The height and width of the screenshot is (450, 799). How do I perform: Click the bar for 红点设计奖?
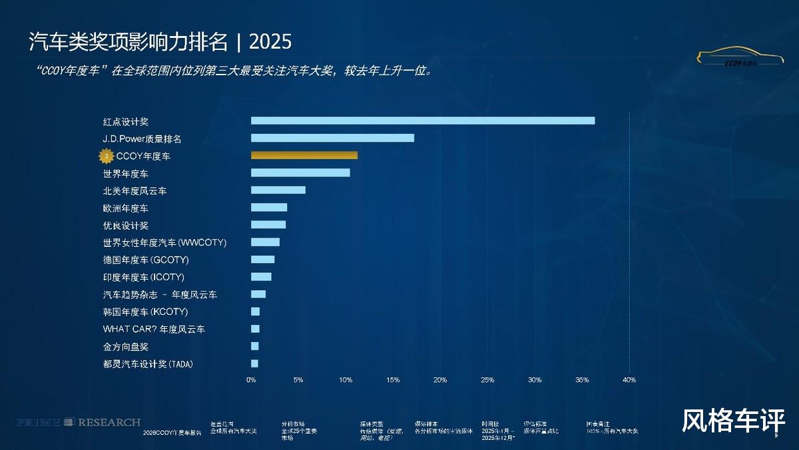pos(423,120)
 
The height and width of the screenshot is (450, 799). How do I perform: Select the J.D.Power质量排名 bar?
pos(332,138)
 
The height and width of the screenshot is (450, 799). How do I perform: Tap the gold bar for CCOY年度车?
pos(304,155)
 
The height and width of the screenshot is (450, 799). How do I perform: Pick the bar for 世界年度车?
pos(300,173)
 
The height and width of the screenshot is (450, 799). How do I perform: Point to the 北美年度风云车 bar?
pos(278,190)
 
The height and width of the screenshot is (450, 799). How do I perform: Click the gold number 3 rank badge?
pos(106,156)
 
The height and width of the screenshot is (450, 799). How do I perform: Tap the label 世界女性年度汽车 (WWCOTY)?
pos(164,242)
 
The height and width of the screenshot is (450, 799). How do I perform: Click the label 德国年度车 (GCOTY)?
pos(146,260)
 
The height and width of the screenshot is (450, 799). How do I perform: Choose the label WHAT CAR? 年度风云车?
pos(154,329)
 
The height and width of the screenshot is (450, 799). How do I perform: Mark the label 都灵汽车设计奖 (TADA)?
pos(148,364)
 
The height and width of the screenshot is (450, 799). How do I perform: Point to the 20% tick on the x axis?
pos(439,380)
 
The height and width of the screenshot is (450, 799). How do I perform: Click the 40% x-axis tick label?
pos(629,380)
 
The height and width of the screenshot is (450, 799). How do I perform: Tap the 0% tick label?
pos(251,380)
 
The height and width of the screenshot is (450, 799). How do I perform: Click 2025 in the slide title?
pos(270,42)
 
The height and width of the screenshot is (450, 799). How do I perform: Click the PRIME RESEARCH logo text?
pos(79,422)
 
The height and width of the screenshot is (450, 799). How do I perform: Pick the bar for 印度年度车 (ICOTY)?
pos(261,277)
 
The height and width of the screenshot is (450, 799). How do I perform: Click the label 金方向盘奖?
pos(125,347)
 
